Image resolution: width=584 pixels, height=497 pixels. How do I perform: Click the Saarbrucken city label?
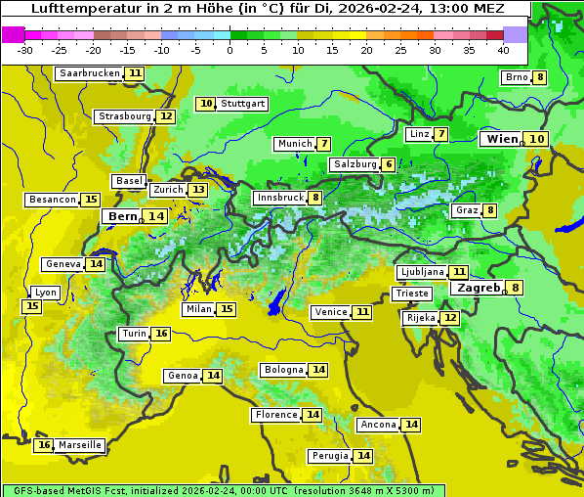pos(90,73)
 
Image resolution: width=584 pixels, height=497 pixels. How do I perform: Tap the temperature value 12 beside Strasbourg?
pos(167,116)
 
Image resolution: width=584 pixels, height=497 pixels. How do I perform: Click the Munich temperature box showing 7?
pos(323,144)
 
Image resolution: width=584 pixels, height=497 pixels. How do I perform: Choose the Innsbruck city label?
pos(279,198)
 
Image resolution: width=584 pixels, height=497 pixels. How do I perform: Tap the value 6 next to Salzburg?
pos(389,164)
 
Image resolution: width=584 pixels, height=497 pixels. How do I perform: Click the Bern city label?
pos(123,216)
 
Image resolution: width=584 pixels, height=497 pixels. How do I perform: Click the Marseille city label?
pos(80,445)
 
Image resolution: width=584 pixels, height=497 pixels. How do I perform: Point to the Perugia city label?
pos(329,456)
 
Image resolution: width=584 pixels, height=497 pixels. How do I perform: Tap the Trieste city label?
pos(411,294)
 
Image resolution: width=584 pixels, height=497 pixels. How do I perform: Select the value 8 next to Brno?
pos(539,77)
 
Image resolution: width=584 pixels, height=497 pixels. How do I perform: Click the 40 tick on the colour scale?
pos(503,50)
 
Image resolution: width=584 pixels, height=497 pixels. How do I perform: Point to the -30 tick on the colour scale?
pos(25,50)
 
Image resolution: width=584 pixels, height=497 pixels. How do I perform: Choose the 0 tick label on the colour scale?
pos(230,50)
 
